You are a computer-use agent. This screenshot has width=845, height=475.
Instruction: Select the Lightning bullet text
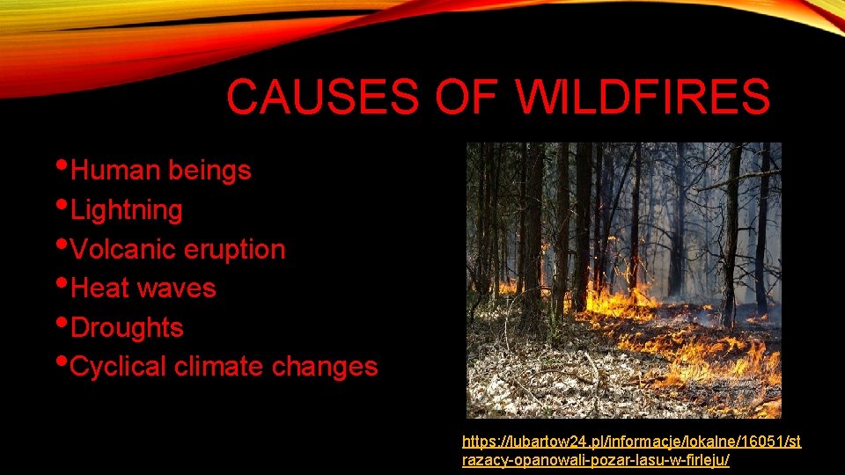(126, 210)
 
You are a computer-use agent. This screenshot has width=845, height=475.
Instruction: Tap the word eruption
(235, 249)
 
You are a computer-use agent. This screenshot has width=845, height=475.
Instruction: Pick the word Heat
(99, 288)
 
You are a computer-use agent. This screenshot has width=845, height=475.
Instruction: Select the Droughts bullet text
(126, 327)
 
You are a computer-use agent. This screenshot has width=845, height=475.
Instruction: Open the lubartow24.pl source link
(631, 442)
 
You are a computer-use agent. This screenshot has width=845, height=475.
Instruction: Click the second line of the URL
(595, 460)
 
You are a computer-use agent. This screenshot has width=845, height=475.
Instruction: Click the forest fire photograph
(623, 280)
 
